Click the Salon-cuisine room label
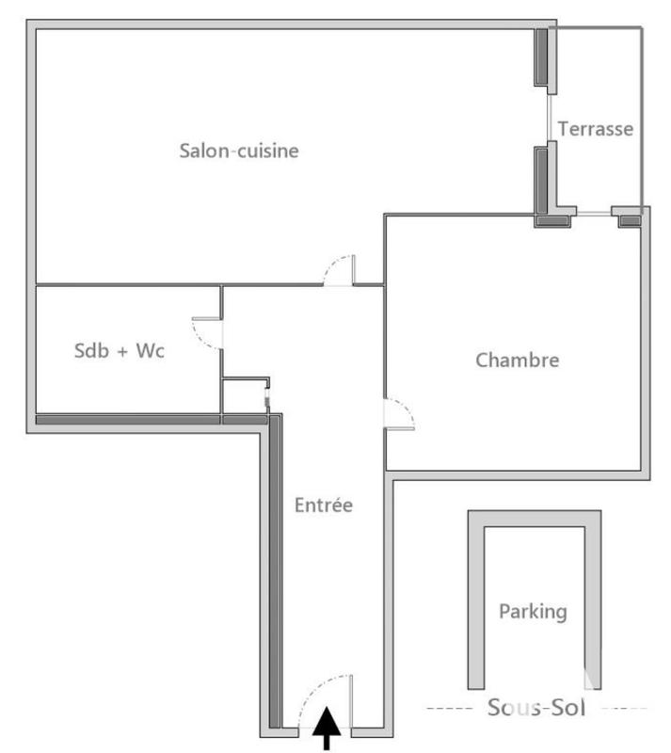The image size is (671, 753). (239, 151)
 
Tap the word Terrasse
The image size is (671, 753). (595, 129)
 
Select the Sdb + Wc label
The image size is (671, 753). (120, 351)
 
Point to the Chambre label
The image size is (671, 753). (517, 360)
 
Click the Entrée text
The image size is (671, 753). (323, 505)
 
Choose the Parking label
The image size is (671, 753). (533, 611)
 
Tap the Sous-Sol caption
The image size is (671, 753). (534, 708)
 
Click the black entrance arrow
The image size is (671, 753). (327, 729)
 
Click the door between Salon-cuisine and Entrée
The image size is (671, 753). (339, 271)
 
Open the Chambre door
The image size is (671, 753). (399, 414)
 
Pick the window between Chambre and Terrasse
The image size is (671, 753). (592, 215)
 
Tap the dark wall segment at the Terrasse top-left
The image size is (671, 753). (543, 56)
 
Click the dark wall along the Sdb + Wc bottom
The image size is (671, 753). (127, 419)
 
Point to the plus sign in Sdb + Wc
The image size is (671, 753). (121, 351)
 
